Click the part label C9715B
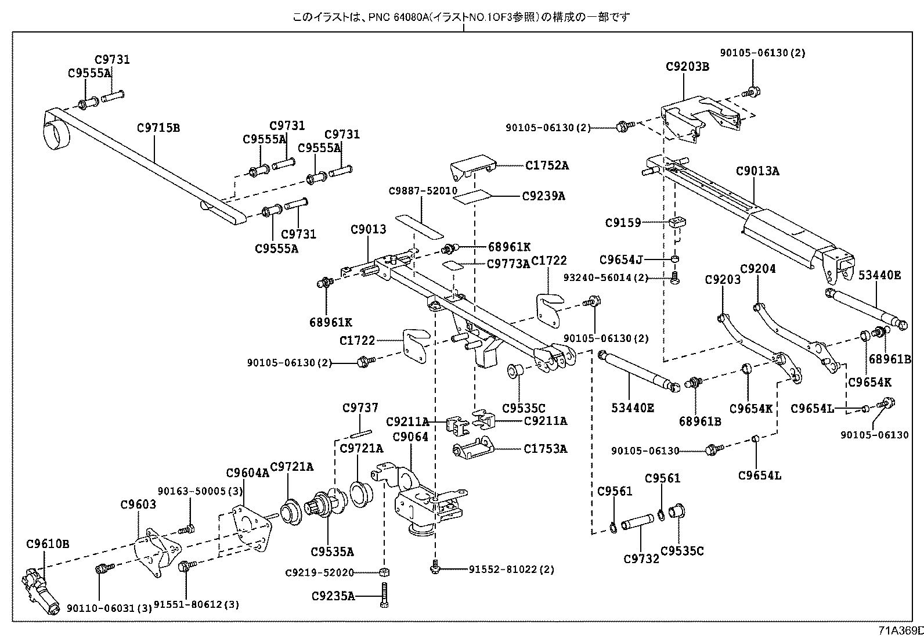158,128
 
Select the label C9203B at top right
687,67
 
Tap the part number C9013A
757,171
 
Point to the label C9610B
48,544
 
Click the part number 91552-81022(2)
511,569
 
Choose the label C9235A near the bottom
333,596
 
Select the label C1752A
547,165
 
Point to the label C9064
410,437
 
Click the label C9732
641,558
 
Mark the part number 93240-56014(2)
605,278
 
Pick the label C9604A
248,473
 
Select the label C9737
360,408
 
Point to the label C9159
623,222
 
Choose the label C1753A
545,449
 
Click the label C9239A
543,196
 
